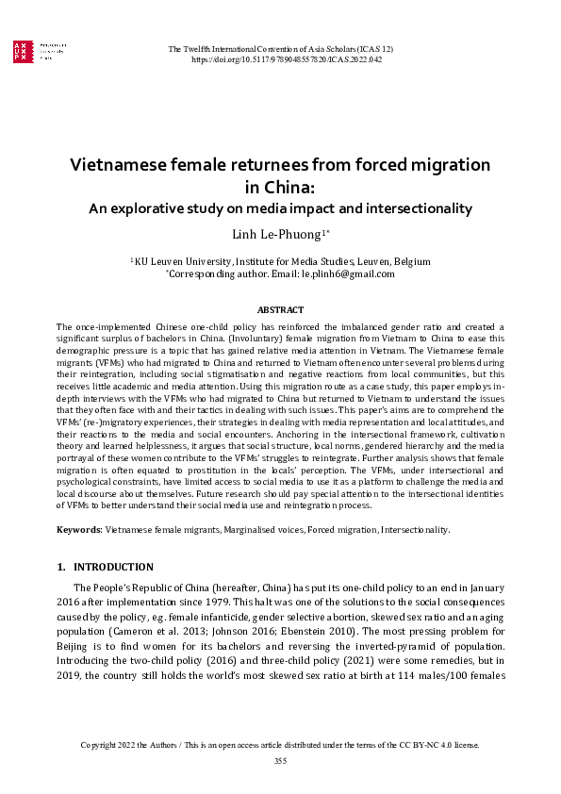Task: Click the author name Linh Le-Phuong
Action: click(x=276, y=234)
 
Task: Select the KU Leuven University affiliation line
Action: click(x=280, y=261)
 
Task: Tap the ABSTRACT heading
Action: click(x=280, y=310)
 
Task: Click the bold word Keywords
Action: click(x=78, y=530)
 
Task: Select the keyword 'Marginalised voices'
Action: click(x=264, y=530)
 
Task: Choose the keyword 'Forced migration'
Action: click(x=342, y=530)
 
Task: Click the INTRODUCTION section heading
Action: click(x=112, y=568)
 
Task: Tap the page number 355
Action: click(x=280, y=761)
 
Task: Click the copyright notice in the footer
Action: click(x=280, y=745)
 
